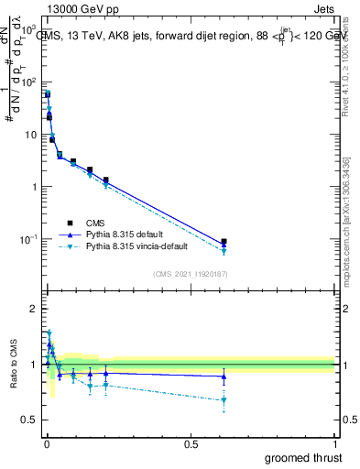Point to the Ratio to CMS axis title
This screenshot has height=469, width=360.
tap(14, 365)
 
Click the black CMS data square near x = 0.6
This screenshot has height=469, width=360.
tap(224, 242)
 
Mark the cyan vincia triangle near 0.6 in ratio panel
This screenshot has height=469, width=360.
tap(224, 399)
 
